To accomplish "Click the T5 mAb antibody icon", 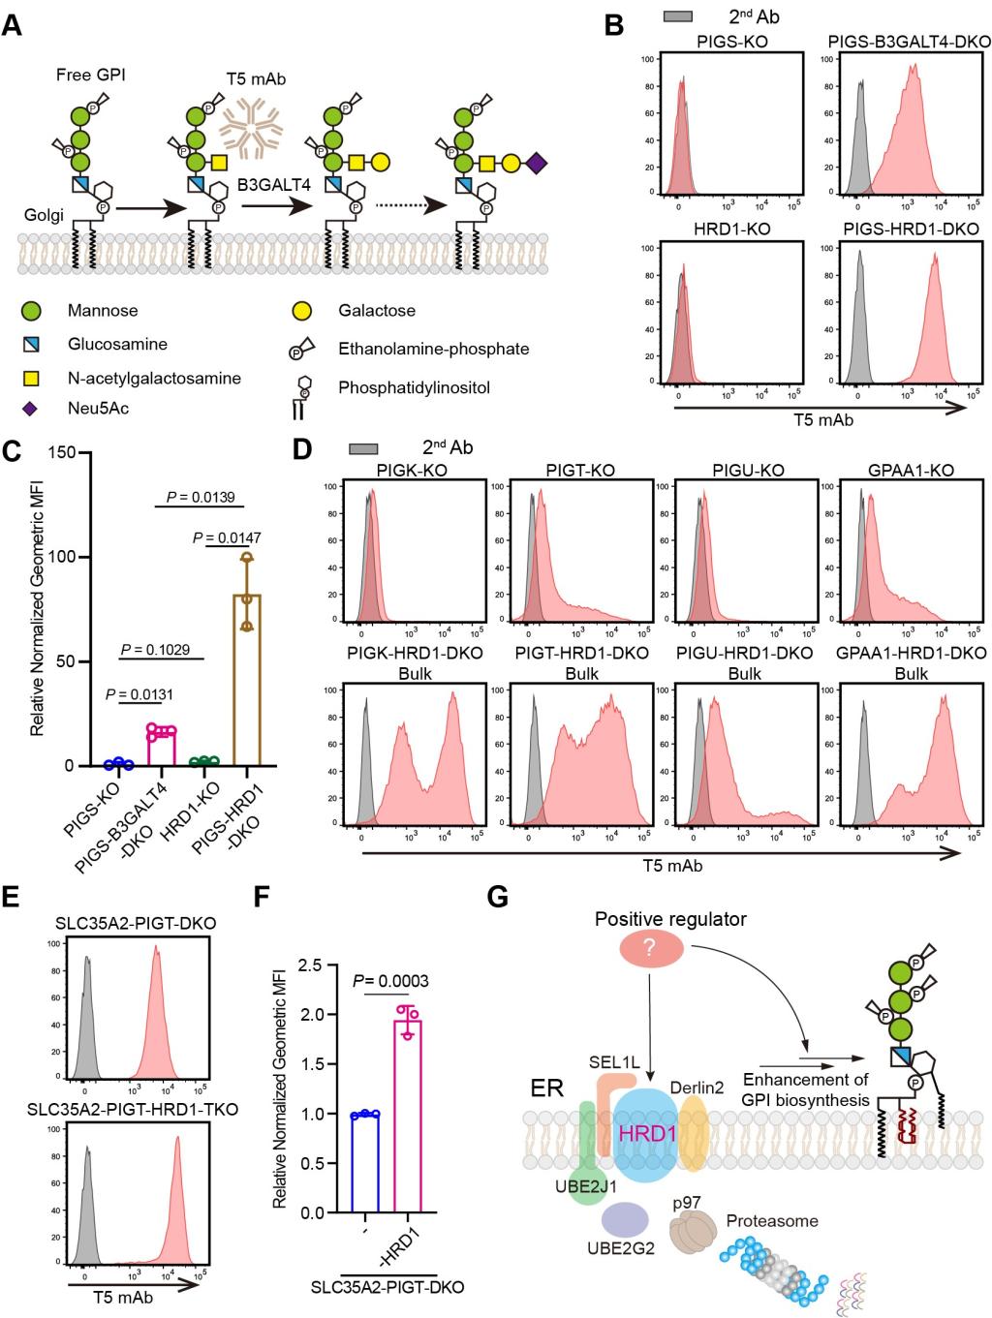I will pos(251,131).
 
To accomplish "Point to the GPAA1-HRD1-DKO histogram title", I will pos(912,654).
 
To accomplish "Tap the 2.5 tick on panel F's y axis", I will pos(321,966).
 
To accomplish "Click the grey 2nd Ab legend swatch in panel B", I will pos(677,16).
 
